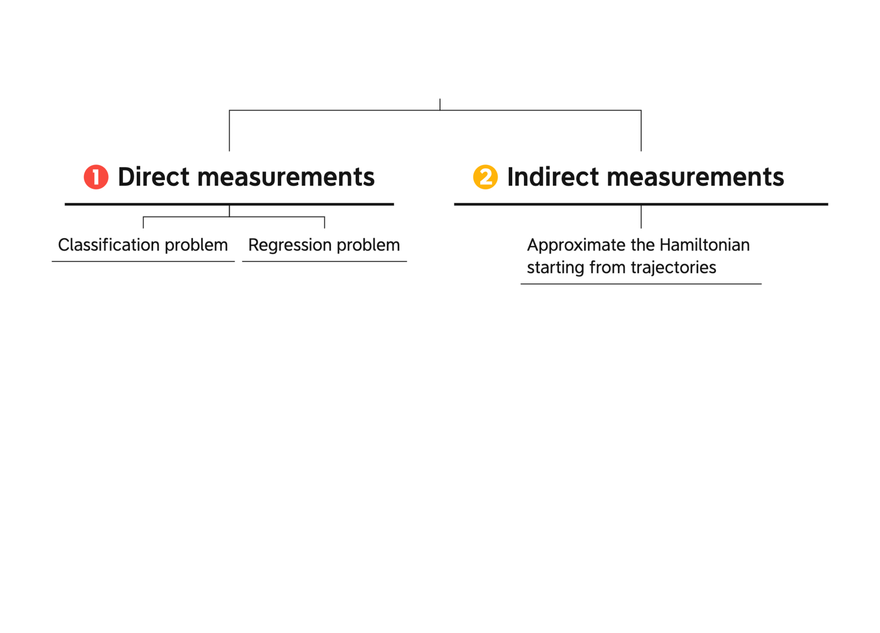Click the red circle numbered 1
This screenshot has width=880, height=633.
[x=96, y=177]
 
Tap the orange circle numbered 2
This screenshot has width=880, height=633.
[x=485, y=177]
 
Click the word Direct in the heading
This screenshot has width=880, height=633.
[x=154, y=177]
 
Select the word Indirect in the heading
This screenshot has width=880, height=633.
[x=553, y=177]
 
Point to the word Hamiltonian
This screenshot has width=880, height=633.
[x=704, y=244]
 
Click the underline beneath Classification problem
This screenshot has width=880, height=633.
[x=143, y=261]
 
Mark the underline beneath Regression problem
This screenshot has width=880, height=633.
[x=324, y=261]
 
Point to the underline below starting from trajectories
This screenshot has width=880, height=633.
[x=641, y=283]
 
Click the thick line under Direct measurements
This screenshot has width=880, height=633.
[x=229, y=204]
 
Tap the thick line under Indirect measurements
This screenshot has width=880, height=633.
[x=641, y=204]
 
